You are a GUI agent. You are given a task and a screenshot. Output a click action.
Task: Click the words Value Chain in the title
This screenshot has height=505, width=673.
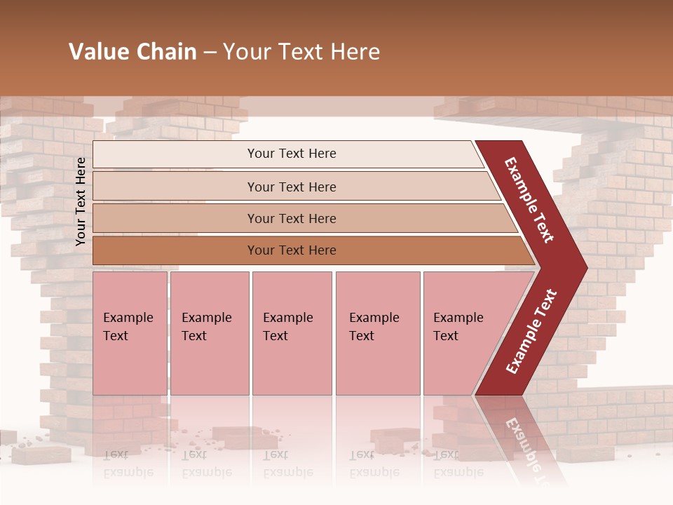pos(132,52)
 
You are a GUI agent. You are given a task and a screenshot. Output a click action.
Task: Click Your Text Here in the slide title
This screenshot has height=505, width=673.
pos(301,52)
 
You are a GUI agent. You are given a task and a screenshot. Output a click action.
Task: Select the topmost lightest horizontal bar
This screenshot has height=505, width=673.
pos(291,154)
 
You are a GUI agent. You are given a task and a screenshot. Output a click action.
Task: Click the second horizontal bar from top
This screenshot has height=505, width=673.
pos(291,187)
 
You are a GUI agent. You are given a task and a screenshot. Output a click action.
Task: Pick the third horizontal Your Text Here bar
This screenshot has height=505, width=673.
pos(291,219)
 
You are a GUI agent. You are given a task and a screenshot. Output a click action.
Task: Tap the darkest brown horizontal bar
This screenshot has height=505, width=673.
pos(291,250)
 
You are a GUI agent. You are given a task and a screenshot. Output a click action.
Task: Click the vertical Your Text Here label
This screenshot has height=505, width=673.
pos(81,201)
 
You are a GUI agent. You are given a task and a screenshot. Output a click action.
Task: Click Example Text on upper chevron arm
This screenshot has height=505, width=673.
pos(529,200)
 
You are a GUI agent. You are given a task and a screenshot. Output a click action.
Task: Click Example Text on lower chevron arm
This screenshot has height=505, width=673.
pos(531,332)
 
